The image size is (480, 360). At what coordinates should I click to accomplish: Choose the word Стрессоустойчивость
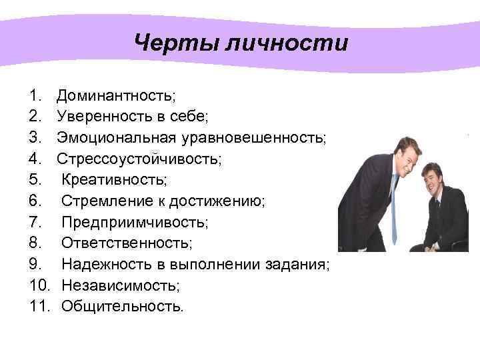(138, 159)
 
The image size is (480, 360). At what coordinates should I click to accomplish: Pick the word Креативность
(114, 180)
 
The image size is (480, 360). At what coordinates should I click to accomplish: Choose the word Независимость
(120, 285)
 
